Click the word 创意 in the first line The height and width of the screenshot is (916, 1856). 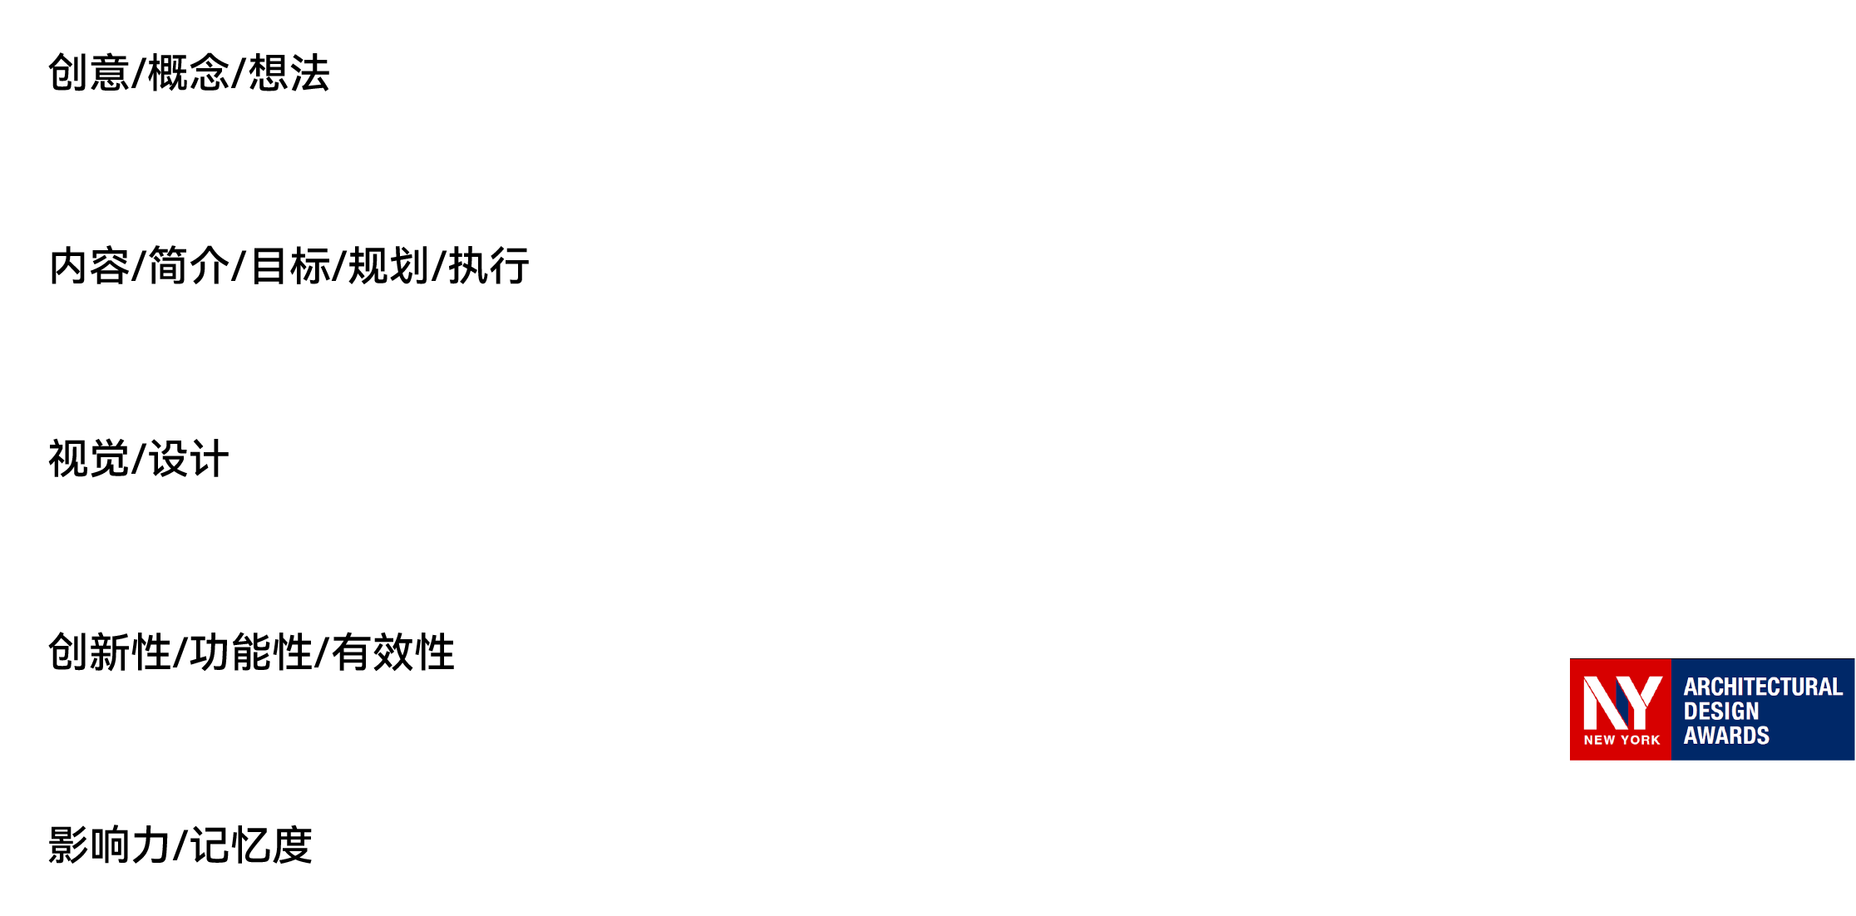pos(88,73)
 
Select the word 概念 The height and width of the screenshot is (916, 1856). pos(189,73)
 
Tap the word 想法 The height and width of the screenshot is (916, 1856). pos(289,73)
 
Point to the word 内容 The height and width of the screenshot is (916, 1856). pos(89,267)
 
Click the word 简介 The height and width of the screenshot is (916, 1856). pos(189,267)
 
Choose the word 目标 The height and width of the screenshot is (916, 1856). pos(289,267)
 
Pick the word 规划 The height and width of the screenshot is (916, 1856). pos(388,267)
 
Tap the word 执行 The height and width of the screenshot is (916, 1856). pos(489,267)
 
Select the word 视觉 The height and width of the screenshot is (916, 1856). pos(89,460)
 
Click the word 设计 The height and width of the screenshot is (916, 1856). pos(189,460)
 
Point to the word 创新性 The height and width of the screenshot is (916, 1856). pos(110,653)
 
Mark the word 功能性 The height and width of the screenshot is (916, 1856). pos(251,653)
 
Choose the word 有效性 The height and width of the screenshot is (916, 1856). pos(393,653)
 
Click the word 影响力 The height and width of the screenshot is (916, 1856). pos(109,845)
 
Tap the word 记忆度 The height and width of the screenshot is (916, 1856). pos(251,845)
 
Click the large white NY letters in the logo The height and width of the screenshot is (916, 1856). pos(1621,702)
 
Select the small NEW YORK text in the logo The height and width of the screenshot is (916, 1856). pos(1622,740)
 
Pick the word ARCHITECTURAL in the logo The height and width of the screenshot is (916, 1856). pos(1763,687)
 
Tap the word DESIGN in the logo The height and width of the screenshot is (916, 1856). pos(1720,712)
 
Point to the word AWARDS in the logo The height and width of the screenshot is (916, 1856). pos(1725,736)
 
